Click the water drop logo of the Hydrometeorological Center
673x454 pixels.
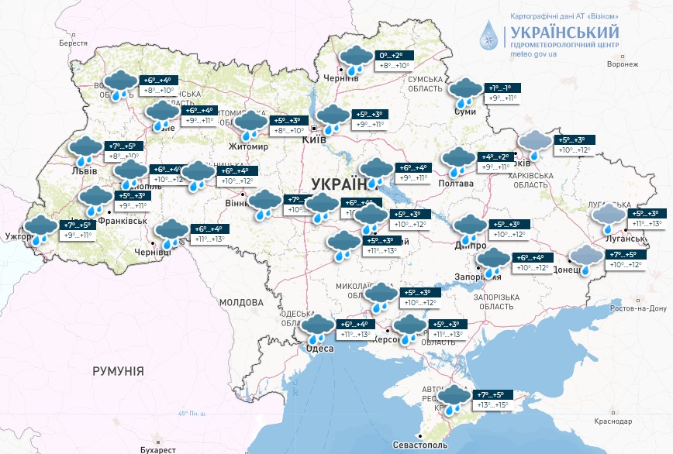point(489,37)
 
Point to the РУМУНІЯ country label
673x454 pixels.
point(118,371)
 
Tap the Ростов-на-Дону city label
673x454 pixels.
point(637,308)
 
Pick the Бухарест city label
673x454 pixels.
point(154,449)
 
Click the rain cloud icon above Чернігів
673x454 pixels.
point(355,60)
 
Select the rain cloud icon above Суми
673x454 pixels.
point(465,91)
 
